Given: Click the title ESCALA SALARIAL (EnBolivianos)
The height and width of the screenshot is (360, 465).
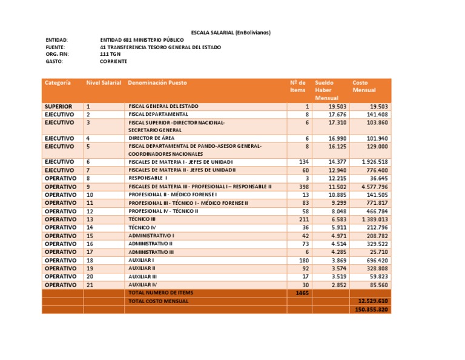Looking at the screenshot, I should tap(231, 32).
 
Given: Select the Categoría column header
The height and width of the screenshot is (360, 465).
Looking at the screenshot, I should tap(58, 82).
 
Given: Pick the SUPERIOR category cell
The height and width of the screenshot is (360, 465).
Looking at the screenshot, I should tap(59, 106).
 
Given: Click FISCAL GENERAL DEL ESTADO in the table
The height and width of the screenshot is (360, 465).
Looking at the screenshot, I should tap(163, 106).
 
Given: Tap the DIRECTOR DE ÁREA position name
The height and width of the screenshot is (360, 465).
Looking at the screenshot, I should tap(151, 138).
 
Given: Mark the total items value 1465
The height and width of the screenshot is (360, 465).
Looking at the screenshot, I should tap(302, 292).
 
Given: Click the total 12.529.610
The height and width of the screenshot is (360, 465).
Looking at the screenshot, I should tap(372, 301).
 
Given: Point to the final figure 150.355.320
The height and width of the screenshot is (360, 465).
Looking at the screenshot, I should tap(371, 309).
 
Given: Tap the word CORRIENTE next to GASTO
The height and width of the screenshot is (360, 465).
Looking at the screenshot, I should tap(114, 61).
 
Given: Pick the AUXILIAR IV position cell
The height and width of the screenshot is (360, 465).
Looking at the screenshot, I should tap(143, 284).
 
